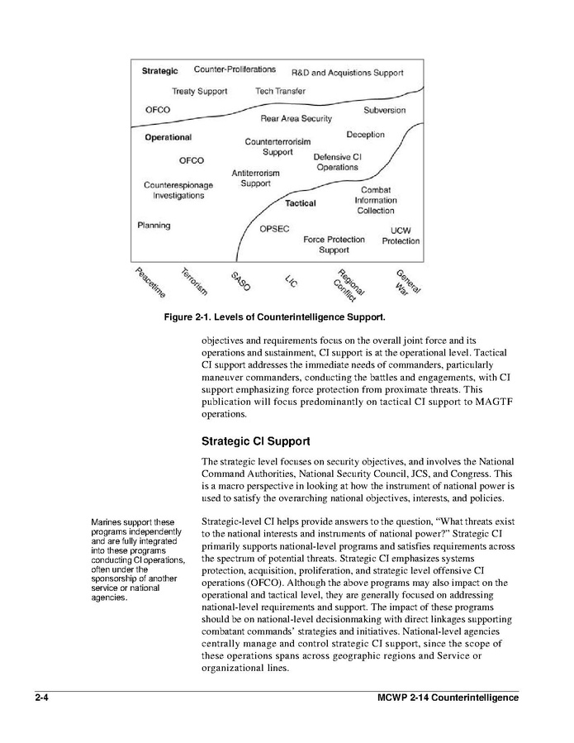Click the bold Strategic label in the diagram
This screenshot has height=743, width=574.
click(x=160, y=71)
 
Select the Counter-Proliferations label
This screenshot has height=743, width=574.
click(x=235, y=69)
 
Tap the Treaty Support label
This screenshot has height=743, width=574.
click(x=199, y=91)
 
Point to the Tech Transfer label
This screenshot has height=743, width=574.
click(x=280, y=91)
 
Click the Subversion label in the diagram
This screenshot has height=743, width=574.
click(x=384, y=110)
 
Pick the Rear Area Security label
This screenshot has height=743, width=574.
click(x=296, y=119)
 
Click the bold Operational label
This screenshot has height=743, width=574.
click(x=168, y=137)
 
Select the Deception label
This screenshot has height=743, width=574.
click(x=365, y=135)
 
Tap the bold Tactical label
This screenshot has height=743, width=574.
click(x=301, y=203)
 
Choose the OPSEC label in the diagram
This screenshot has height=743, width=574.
click(x=274, y=229)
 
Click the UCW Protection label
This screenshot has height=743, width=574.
click(x=401, y=236)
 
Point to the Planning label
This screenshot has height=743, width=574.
click(x=154, y=225)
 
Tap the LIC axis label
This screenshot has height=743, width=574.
click(x=291, y=280)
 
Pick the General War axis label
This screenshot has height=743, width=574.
click(x=407, y=282)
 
